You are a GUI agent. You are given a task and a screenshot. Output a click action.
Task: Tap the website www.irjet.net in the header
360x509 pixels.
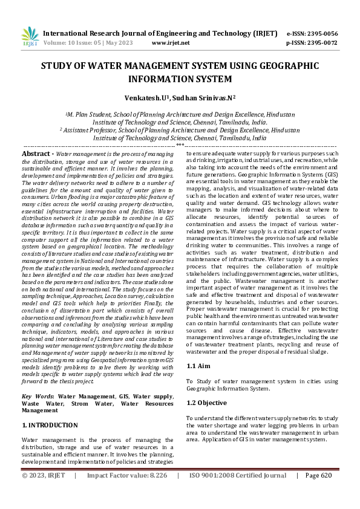click(171, 43)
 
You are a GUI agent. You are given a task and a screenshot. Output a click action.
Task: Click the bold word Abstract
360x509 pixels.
click(36, 155)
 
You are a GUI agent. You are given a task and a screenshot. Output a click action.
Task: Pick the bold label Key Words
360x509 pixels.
click(38, 396)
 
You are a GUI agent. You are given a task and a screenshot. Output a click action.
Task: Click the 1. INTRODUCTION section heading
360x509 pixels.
click(50, 426)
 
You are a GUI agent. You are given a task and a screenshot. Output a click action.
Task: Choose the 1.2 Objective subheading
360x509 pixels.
click(207, 403)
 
